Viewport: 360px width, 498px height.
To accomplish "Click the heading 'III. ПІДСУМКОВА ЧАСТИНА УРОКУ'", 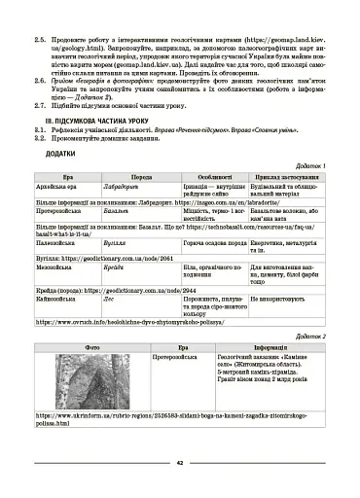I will point(97,127).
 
